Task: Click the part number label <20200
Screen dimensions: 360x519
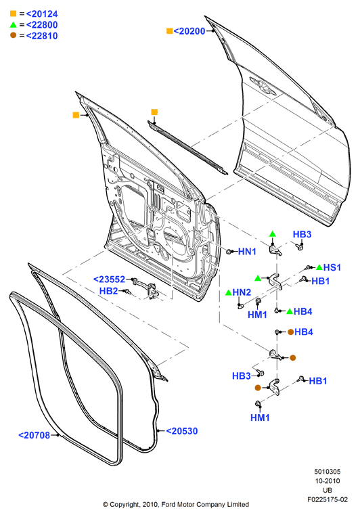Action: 189,31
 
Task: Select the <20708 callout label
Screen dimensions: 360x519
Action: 34,435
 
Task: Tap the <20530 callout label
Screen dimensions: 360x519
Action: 181,431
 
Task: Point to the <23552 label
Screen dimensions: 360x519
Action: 109,279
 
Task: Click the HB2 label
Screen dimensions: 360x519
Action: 108,291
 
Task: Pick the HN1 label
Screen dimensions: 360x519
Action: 247,252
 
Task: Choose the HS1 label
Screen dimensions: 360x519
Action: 332,267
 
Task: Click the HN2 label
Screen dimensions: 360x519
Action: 242,292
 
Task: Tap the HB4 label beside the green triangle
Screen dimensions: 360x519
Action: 302,311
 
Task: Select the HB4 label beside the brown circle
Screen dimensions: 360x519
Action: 304,332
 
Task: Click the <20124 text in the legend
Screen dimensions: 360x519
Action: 42,14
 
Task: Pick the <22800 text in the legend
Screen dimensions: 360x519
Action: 42,25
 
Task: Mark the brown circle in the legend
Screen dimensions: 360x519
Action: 14,35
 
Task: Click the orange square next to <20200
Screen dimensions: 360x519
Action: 169,31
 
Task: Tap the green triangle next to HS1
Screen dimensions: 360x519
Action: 319,267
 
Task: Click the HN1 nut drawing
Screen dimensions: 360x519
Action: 229,252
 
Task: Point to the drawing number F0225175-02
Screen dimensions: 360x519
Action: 328,499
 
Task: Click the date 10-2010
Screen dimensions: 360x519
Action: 328,481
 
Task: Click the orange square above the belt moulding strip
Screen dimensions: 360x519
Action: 154,112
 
